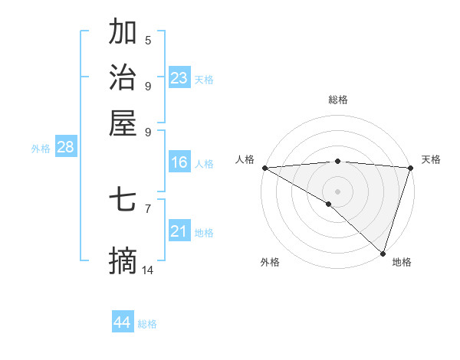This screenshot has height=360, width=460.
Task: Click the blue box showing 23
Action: (x=179, y=77)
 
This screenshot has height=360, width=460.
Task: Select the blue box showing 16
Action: (x=179, y=162)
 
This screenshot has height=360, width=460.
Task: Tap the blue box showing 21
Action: (x=179, y=231)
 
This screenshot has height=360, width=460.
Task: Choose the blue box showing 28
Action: (x=65, y=148)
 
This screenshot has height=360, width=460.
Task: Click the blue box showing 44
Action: (x=123, y=322)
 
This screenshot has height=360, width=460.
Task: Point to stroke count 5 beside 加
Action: (x=148, y=41)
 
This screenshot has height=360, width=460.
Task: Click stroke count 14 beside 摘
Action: (x=148, y=270)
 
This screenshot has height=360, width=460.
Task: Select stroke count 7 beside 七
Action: (x=148, y=208)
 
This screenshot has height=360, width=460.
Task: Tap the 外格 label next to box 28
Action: (x=41, y=149)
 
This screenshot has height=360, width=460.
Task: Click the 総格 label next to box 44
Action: (x=147, y=324)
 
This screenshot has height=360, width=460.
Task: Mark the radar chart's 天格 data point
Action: (x=410, y=168)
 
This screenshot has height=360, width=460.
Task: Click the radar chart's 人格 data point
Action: (x=264, y=168)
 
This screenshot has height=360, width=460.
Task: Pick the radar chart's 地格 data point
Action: (x=383, y=253)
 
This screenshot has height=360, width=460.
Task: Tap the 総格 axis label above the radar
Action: (x=337, y=100)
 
